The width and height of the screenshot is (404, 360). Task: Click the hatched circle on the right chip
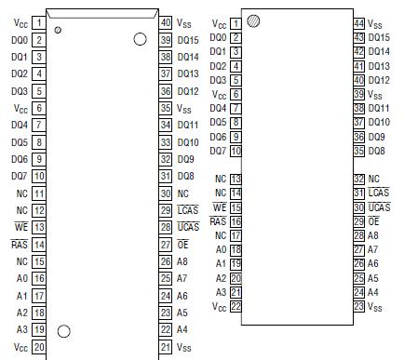pyautogui.click(x=253, y=20)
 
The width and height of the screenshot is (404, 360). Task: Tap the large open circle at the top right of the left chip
pyautogui.click(x=141, y=39)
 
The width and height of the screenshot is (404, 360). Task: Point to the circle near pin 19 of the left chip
pyautogui.click(x=64, y=330)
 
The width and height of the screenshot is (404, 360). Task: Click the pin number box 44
pyautogui.click(x=359, y=23)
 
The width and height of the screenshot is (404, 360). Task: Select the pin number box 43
pyautogui.click(x=359, y=37)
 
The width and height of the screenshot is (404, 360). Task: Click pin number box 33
pyautogui.click(x=166, y=142)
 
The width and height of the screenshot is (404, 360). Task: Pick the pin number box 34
pyautogui.click(x=166, y=126)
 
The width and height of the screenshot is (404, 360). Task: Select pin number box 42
pyautogui.click(x=359, y=51)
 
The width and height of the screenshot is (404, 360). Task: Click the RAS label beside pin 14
pyautogui.click(x=19, y=245)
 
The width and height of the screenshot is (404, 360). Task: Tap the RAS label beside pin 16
pyautogui.click(x=217, y=221)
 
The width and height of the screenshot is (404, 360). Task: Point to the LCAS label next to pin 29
pyautogui.click(x=188, y=210)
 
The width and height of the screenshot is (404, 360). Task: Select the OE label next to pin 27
pyautogui.click(x=183, y=245)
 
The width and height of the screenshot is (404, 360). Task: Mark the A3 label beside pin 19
pyautogui.click(x=21, y=329)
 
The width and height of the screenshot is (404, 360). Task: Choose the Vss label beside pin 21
pyautogui.click(x=184, y=347)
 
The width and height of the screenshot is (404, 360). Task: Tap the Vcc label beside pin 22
pyautogui.click(x=219, y=306)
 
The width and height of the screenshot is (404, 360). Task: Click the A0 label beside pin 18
pyautogui.click(x=221, y=249)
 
